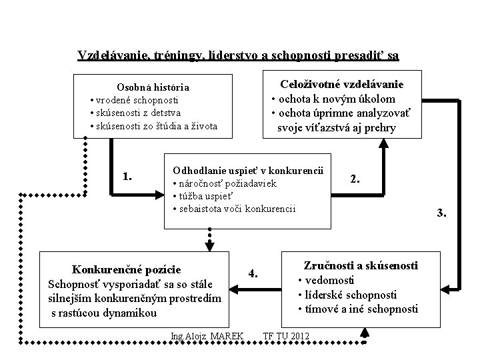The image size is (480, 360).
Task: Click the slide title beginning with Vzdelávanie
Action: tap(238, 55)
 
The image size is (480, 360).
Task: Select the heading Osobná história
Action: tap(153, 87)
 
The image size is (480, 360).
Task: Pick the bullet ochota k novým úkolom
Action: tap(337, 99)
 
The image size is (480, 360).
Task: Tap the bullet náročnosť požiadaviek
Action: tap(224, 183)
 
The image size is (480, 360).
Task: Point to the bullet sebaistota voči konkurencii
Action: tap(235, 209)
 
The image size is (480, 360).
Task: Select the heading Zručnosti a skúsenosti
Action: tap(361, 265)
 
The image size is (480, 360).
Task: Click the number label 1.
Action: tap(127, 177)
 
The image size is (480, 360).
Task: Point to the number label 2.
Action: tap(356, 179)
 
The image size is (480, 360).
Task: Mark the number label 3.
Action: tap(441, 213)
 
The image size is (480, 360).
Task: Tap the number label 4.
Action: tap(253, 273)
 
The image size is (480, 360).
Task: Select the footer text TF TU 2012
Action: tap(287, 335)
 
